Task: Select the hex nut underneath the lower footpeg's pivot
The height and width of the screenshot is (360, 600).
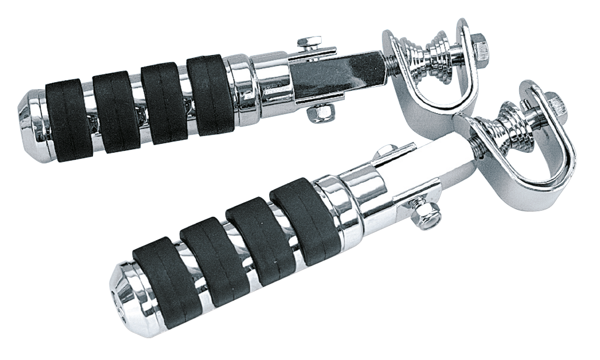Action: (x=421, y=218)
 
